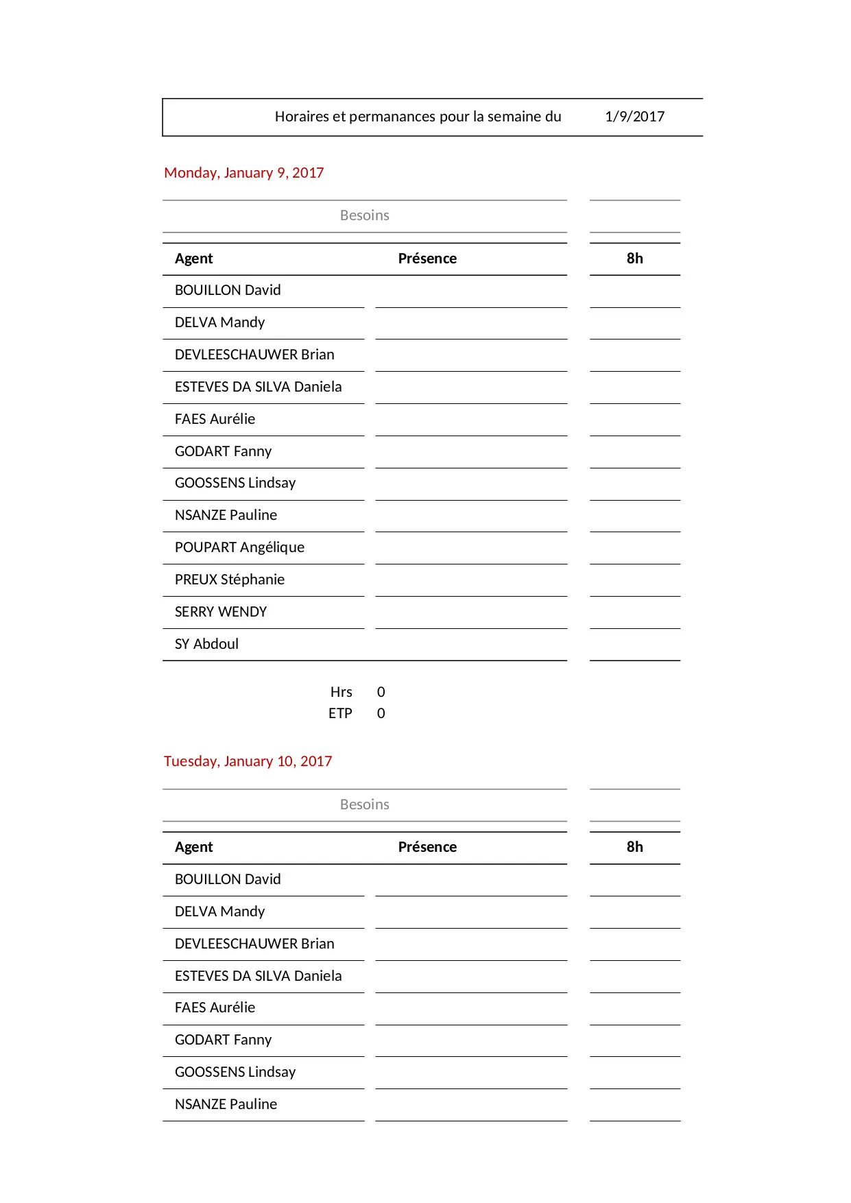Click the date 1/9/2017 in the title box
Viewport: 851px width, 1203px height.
tap(634, 117)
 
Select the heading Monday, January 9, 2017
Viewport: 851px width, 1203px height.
tap(243, 173)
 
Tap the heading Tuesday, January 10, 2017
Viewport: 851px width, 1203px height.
tap(248, 761)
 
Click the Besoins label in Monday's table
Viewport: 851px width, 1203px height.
tap(364, 215)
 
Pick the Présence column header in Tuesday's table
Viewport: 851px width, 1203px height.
tap(427, 847)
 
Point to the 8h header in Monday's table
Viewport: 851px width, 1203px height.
tap(634, 259)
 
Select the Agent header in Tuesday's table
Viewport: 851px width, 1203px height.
tap(193, 847)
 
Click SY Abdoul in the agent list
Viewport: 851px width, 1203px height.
tap(206, 644)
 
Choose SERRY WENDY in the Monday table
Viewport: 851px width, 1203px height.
tap(220, 612)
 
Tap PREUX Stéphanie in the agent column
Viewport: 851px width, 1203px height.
tap(229, 580)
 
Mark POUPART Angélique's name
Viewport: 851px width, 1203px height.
tap(239, 547)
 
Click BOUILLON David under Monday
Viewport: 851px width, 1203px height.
tap(228, 290)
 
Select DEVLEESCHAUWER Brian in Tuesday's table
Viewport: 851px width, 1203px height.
tap(254, 944)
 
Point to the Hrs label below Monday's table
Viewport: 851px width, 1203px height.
tap(341, 692)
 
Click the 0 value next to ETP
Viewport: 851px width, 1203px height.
tap(381, 713)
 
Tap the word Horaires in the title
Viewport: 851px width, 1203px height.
tap(302, 117)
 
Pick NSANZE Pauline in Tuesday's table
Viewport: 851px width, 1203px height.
tap(226, 1104)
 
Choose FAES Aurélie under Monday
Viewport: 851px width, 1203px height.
tap(215, 419)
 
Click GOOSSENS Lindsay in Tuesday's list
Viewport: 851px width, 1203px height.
tap(235, 1072)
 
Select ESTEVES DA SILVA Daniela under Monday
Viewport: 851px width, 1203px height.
tap(258, 387)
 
